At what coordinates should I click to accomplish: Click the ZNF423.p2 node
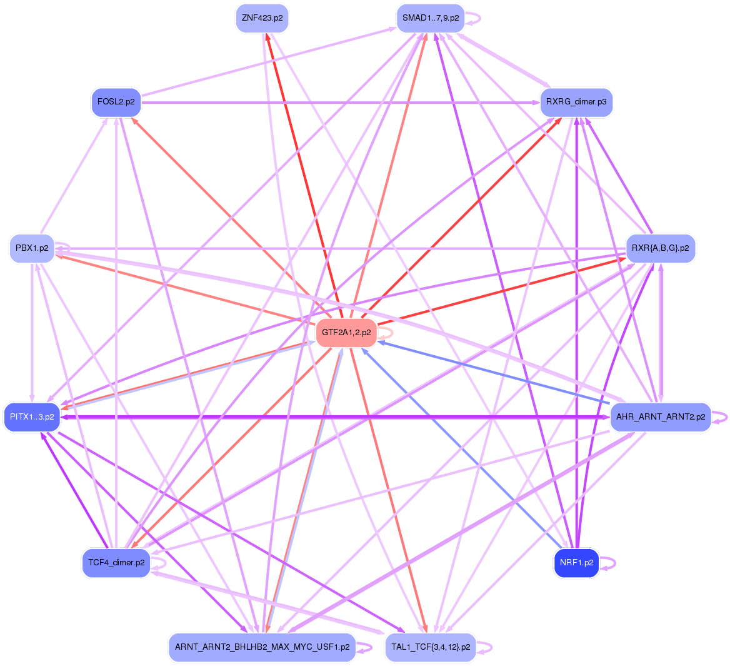click(x=262, y=18)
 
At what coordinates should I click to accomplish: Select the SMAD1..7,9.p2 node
click(x=431, y=18)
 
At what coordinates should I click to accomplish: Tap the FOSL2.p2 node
click(x=116, y=102)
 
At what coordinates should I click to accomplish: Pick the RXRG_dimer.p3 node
click(x=576, y=102)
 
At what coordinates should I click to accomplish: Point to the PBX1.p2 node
click(x=32, y=248)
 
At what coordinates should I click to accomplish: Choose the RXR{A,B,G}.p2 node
click(x=661, y=248)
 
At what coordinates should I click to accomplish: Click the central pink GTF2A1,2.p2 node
click(x=346, y=333)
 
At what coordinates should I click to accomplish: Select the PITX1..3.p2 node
click(x=32, y=416)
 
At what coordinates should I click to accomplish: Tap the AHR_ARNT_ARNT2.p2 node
click(x=661, y=416)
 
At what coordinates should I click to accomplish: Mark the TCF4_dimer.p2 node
click(x=116, y=563)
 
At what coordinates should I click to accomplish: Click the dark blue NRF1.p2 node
click(x=576, y=563)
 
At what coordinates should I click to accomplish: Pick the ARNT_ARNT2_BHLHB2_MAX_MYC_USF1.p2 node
click(x=262, y=647)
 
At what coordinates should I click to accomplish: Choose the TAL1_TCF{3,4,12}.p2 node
click(x=431, y=647)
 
